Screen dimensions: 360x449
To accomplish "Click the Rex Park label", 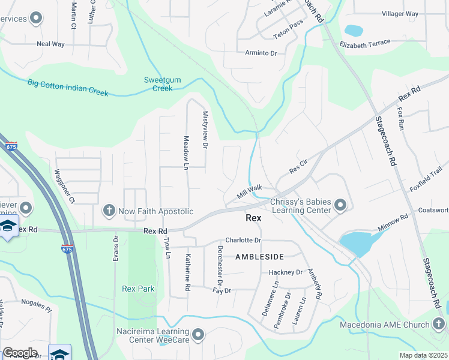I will point(138,289).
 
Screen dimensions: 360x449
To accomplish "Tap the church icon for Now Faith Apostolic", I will point(109,210).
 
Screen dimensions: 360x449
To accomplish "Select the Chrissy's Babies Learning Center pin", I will point(340,206).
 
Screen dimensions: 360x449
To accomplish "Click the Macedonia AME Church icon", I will point(439,325).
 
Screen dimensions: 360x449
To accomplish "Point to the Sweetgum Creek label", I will point(158,84).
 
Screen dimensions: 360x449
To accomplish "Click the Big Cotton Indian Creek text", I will point(68,88).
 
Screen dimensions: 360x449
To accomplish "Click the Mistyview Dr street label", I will point(205,130).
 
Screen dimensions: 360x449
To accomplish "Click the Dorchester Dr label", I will point(220,266).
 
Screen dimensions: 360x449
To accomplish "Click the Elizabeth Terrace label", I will point(365,44).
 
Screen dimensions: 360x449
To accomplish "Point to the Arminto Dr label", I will point(261,53).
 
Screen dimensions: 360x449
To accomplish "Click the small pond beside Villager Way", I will point(354,29).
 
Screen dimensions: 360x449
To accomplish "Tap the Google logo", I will point(20,353).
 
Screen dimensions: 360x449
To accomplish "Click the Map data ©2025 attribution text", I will point(423,355).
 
